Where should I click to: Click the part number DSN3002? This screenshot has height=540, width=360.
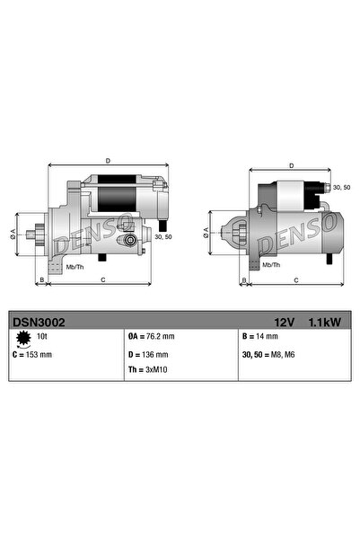pos(39,323)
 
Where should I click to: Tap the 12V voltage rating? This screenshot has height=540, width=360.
pos(285,323)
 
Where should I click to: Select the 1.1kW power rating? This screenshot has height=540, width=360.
pos(325,323)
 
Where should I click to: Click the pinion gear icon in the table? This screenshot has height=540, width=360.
pos(23,339)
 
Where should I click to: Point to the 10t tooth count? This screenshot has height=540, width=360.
pos(41,336)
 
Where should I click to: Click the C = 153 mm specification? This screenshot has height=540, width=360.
pos(32,355)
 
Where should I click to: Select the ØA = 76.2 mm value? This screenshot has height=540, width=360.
pos(151,336)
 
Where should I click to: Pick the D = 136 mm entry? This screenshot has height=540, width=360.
pos(148,355)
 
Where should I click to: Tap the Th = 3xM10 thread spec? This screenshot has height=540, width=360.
pos(148,370)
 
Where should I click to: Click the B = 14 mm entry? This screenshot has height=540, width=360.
pos(259,336)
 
